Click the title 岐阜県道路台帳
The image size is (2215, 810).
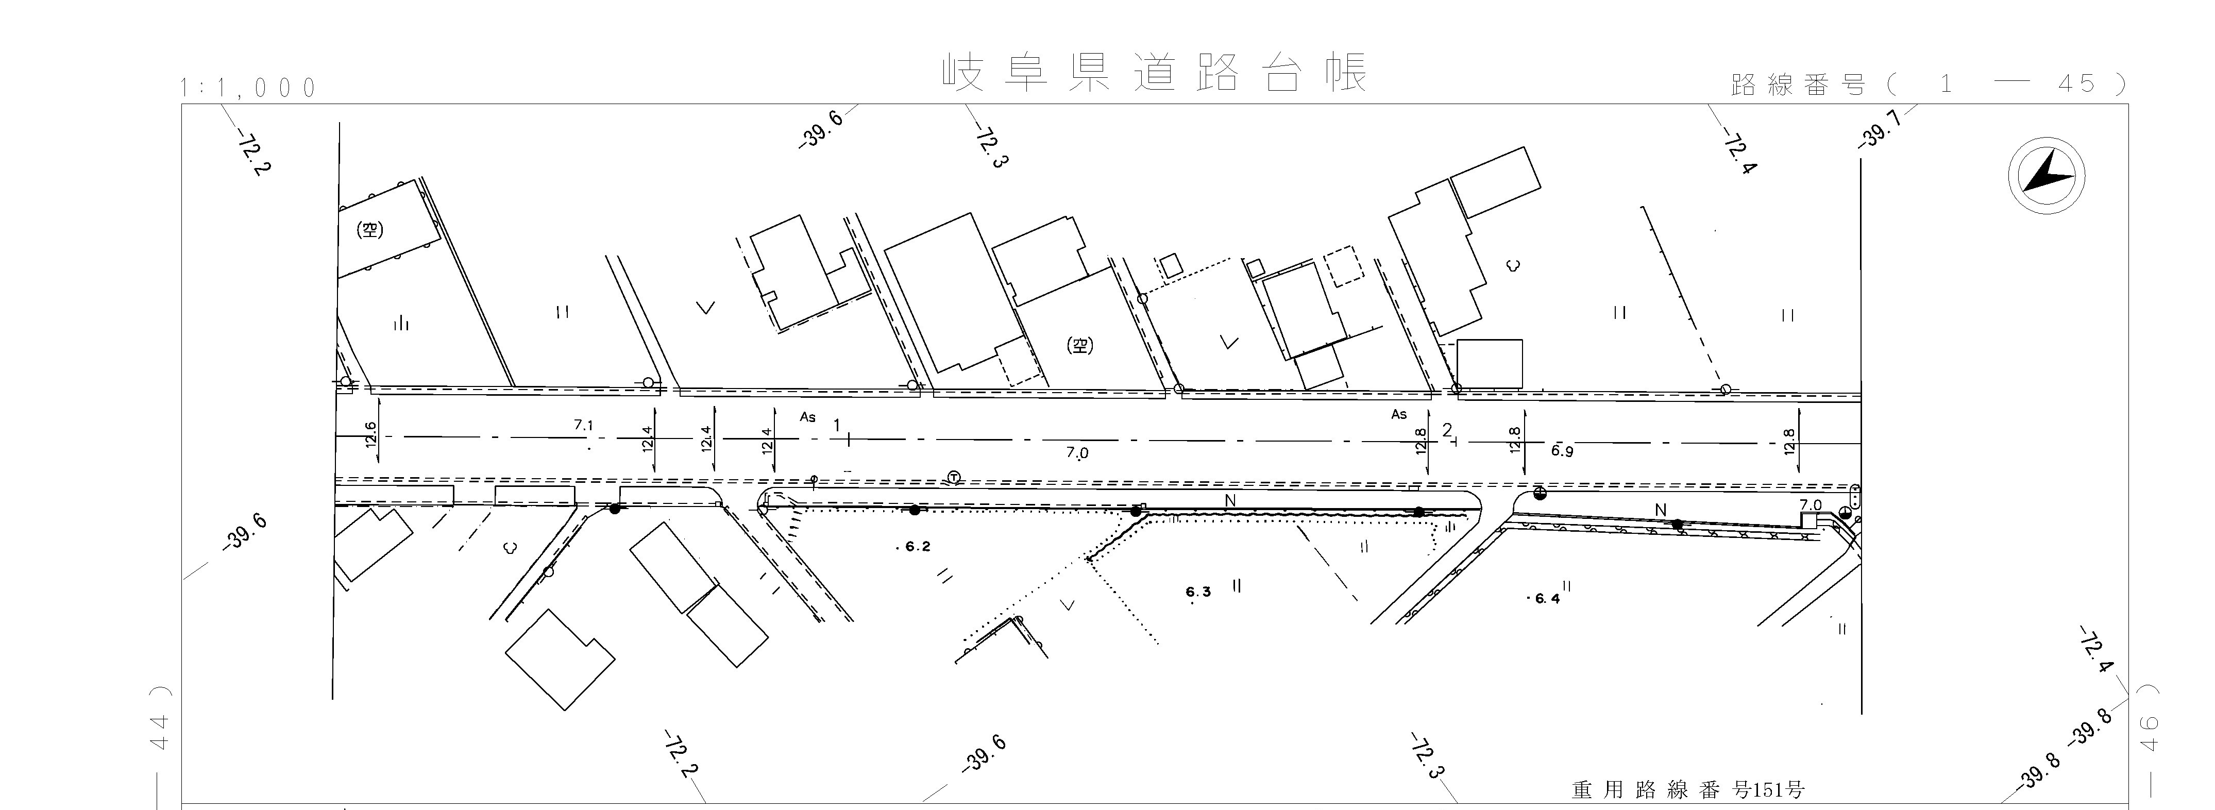pyautogui.click(x=1155, y=73)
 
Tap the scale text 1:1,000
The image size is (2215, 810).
pyautogui.click(x=248, y=88)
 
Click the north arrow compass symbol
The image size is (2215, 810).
pyautogui.click(x=2047, y=176)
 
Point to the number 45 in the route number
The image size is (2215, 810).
pyautogui.click(x=2076, y=83)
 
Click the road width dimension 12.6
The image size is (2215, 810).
pyautogui.click(x=370, y=434)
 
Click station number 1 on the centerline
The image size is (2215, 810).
pyautogui.click(x=837, y=426)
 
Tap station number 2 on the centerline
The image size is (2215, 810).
pyautogui.click(x=1447, y=430)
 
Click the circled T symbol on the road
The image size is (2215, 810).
pyautogui.click(x=954, y=477)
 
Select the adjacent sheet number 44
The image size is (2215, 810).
pyautogui.click(x=160, y=730)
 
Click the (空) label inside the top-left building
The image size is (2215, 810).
pyautogui.click(x=370, y=230)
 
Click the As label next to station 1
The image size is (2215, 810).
pyautogui.click(x=807, y=417)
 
